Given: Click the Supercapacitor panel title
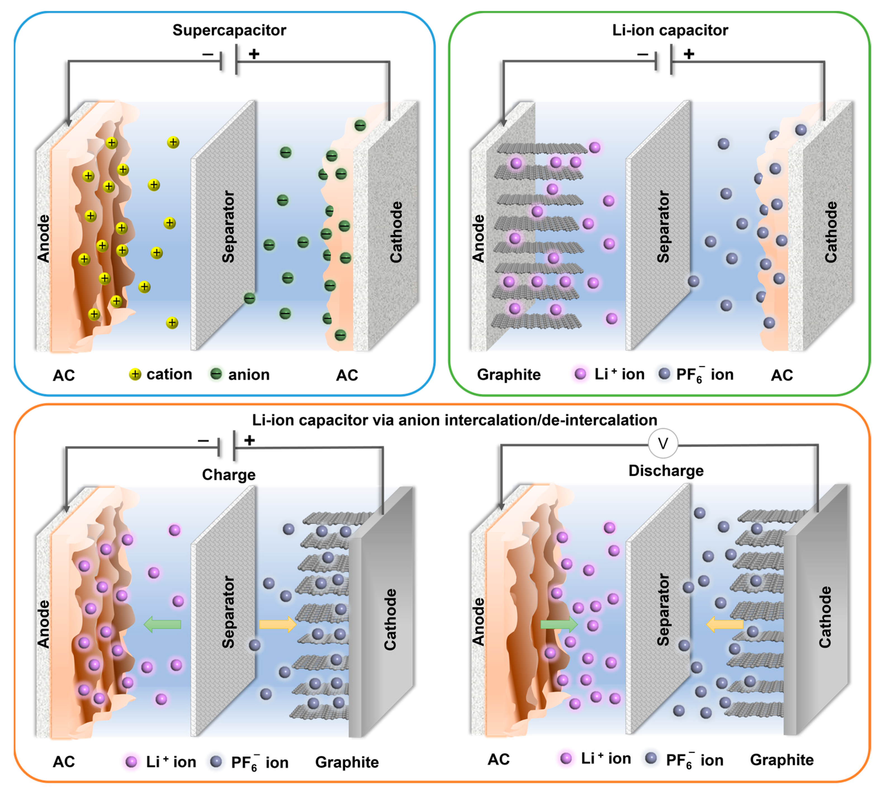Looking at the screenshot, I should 229,30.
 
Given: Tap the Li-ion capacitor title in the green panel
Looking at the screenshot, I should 670,30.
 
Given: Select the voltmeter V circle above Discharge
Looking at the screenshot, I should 663,444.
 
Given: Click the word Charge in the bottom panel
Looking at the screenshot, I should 229,475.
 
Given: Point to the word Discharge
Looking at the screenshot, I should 666,471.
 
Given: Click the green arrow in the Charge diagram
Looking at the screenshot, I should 162,625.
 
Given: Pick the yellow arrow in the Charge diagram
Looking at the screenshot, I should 278,624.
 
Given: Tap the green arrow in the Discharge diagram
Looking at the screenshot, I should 559,625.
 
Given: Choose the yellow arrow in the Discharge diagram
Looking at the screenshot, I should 724,625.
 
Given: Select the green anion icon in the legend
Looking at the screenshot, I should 216,374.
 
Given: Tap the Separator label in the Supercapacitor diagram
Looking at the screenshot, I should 228,227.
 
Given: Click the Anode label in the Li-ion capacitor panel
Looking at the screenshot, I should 479,239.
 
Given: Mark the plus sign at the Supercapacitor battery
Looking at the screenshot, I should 254,54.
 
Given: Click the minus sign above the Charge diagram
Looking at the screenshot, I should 203,441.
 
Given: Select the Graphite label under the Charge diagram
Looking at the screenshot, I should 347,762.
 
